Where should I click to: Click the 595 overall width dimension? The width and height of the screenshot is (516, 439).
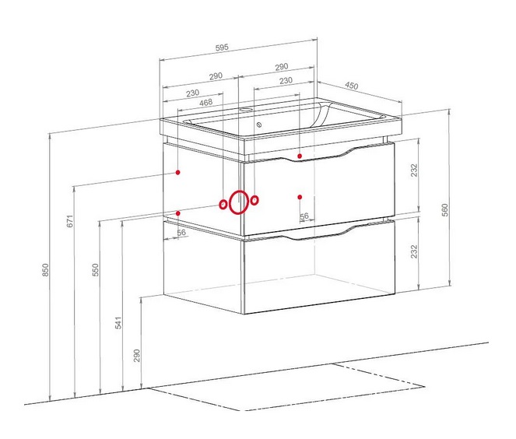[221, 47]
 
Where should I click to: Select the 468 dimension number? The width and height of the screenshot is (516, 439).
[206, 102]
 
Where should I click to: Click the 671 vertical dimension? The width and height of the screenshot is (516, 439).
[70, 221]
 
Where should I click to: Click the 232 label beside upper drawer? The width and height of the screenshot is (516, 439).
[416, 170]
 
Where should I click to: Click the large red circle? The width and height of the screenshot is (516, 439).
[239, 202]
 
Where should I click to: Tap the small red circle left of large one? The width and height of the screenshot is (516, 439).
[223, 205]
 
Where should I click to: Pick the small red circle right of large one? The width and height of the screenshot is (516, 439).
[254, 200]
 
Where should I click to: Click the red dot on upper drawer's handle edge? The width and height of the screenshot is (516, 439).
[300, 156]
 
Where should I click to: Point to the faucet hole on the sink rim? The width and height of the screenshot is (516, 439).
[252, 111]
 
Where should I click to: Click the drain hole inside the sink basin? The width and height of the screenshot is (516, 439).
[258, 123]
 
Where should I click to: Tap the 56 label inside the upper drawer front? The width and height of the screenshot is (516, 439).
[304, 216]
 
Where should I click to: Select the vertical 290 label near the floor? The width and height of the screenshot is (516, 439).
[136, 355]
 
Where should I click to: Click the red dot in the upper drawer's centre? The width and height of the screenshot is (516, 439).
[300, 196]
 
